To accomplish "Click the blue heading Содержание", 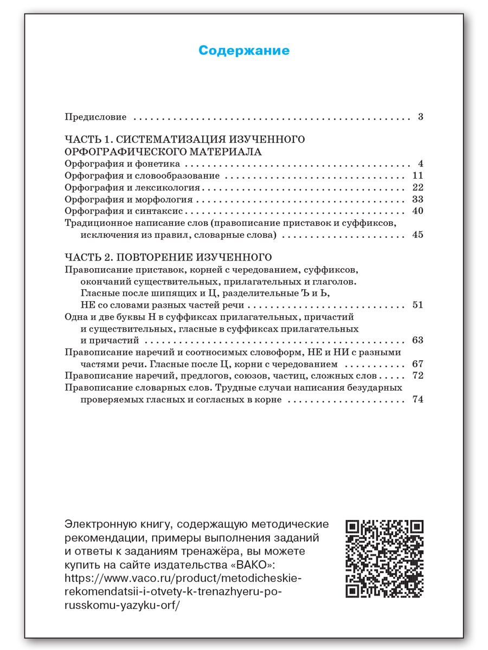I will tap(244, 50).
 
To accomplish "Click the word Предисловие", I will tap(95, 117).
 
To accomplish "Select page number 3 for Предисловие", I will tap(420, 117).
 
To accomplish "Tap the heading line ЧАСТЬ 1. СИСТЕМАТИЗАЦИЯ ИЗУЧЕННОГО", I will tap(184, 140).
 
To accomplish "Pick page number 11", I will tap(417, 176).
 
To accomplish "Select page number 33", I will tap(417, 200).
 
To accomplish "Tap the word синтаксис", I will tap(163, 211).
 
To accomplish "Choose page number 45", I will tap(417, 235).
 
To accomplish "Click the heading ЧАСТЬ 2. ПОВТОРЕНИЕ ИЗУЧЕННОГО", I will tap(168, 256).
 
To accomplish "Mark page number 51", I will tap(417, 305).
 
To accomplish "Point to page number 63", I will tap(417, 340).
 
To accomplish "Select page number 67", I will tap(417, 364).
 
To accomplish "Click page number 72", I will tap(417, 376).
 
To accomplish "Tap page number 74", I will tap(417, 400).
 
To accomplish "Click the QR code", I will tap(384, 558).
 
